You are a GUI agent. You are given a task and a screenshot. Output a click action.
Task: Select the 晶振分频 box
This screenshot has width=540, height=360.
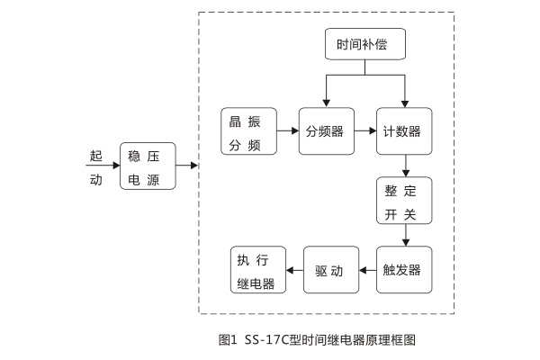click(247, 132)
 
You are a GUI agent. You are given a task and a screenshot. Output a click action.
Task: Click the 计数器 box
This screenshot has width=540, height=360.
click(403, 131)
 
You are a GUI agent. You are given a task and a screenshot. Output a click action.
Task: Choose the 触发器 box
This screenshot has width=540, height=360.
click(403, 269)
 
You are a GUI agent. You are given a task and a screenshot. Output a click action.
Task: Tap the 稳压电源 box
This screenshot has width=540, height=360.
click(148, 166)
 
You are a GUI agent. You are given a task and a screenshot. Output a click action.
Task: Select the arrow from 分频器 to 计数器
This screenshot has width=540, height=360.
click(364, 131)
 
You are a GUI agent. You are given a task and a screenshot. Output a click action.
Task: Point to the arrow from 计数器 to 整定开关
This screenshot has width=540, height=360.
click(407, 165)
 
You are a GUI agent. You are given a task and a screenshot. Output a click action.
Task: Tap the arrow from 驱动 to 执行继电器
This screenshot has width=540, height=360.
click(294, 269)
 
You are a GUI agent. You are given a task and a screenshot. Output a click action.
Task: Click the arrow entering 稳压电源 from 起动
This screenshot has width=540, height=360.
click(104, 166)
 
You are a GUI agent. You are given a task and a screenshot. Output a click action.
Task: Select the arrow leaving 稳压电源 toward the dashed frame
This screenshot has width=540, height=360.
click(187, 166)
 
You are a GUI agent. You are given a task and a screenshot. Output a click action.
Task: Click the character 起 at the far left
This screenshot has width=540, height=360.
click(96, 155)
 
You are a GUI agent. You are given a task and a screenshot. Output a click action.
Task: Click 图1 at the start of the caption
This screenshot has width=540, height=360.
click(227, 340)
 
